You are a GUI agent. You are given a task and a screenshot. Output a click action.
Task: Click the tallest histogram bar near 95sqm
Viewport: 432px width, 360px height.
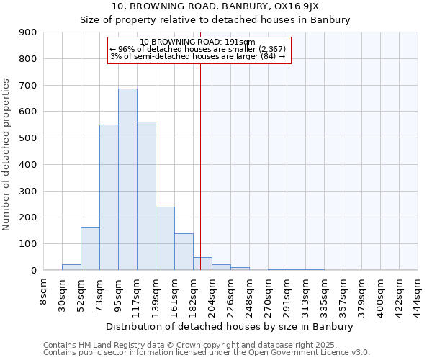point(127,179)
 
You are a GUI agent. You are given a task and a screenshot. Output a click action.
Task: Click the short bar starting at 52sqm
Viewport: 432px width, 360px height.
point(90,248)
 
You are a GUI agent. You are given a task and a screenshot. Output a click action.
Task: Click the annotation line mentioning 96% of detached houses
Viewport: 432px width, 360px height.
point(198,49)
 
